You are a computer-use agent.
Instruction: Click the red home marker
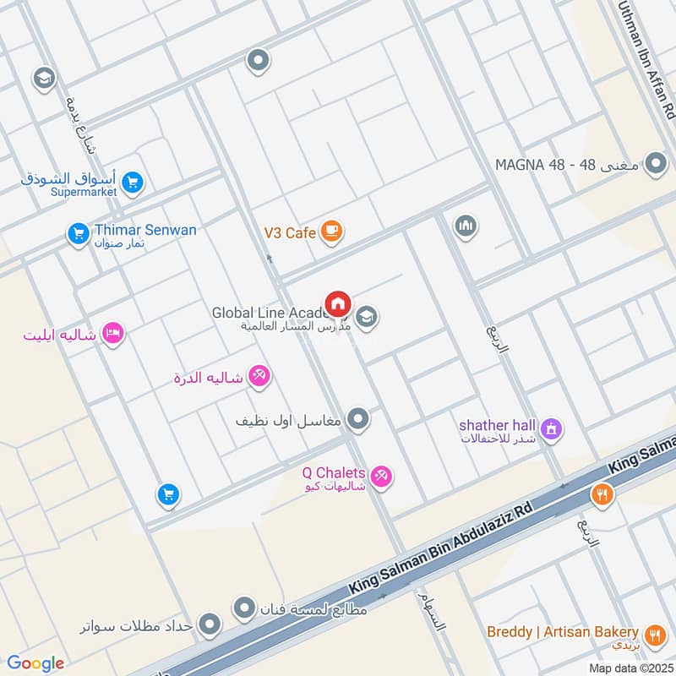(338, 303)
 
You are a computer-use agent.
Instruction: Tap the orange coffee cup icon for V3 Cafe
(332, 231)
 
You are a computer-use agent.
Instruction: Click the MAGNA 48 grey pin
(655, 164)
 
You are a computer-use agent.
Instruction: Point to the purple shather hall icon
(552, 430)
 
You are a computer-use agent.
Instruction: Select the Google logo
(35, 663)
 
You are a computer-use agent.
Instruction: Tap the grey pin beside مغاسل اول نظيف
(359, 418)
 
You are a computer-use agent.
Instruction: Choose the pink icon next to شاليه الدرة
(259, 377)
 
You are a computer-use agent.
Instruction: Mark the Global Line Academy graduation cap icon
(367, 318)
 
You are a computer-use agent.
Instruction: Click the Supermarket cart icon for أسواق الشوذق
(132, 182)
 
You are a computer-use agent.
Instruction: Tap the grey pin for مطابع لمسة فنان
(245, 607)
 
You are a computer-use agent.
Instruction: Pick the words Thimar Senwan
(145, 230)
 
